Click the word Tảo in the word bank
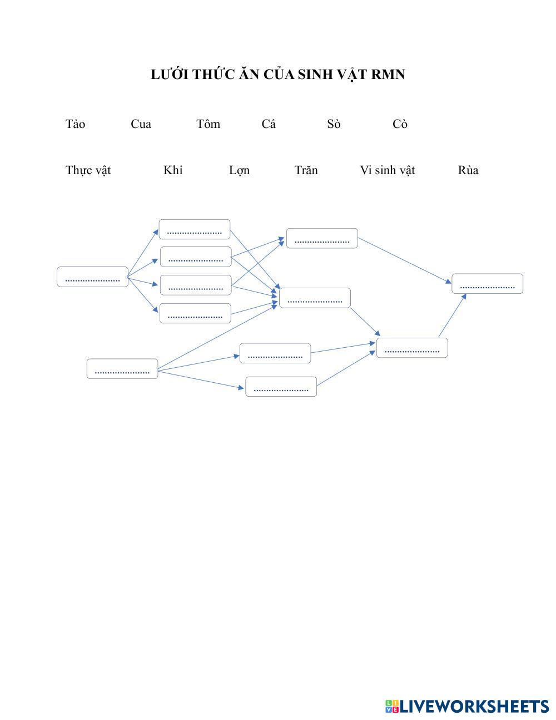[75, 124]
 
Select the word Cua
[141, 124]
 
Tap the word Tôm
[208, 124]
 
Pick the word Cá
[269, 124]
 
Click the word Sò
[334, 124]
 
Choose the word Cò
[400, 124]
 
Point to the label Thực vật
[88, 170]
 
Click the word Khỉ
[173, 170]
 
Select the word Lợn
[239, 170]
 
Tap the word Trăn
[306, 170]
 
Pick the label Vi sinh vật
[387, 170]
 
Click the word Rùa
[468, 170]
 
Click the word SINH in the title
[314, 75]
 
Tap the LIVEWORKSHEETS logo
[467, 706]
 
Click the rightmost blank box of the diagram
[487, 284]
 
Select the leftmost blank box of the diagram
[92, 277]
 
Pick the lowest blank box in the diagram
[281, 387]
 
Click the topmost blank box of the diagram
[195, 229]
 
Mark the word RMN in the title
[388, 75]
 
